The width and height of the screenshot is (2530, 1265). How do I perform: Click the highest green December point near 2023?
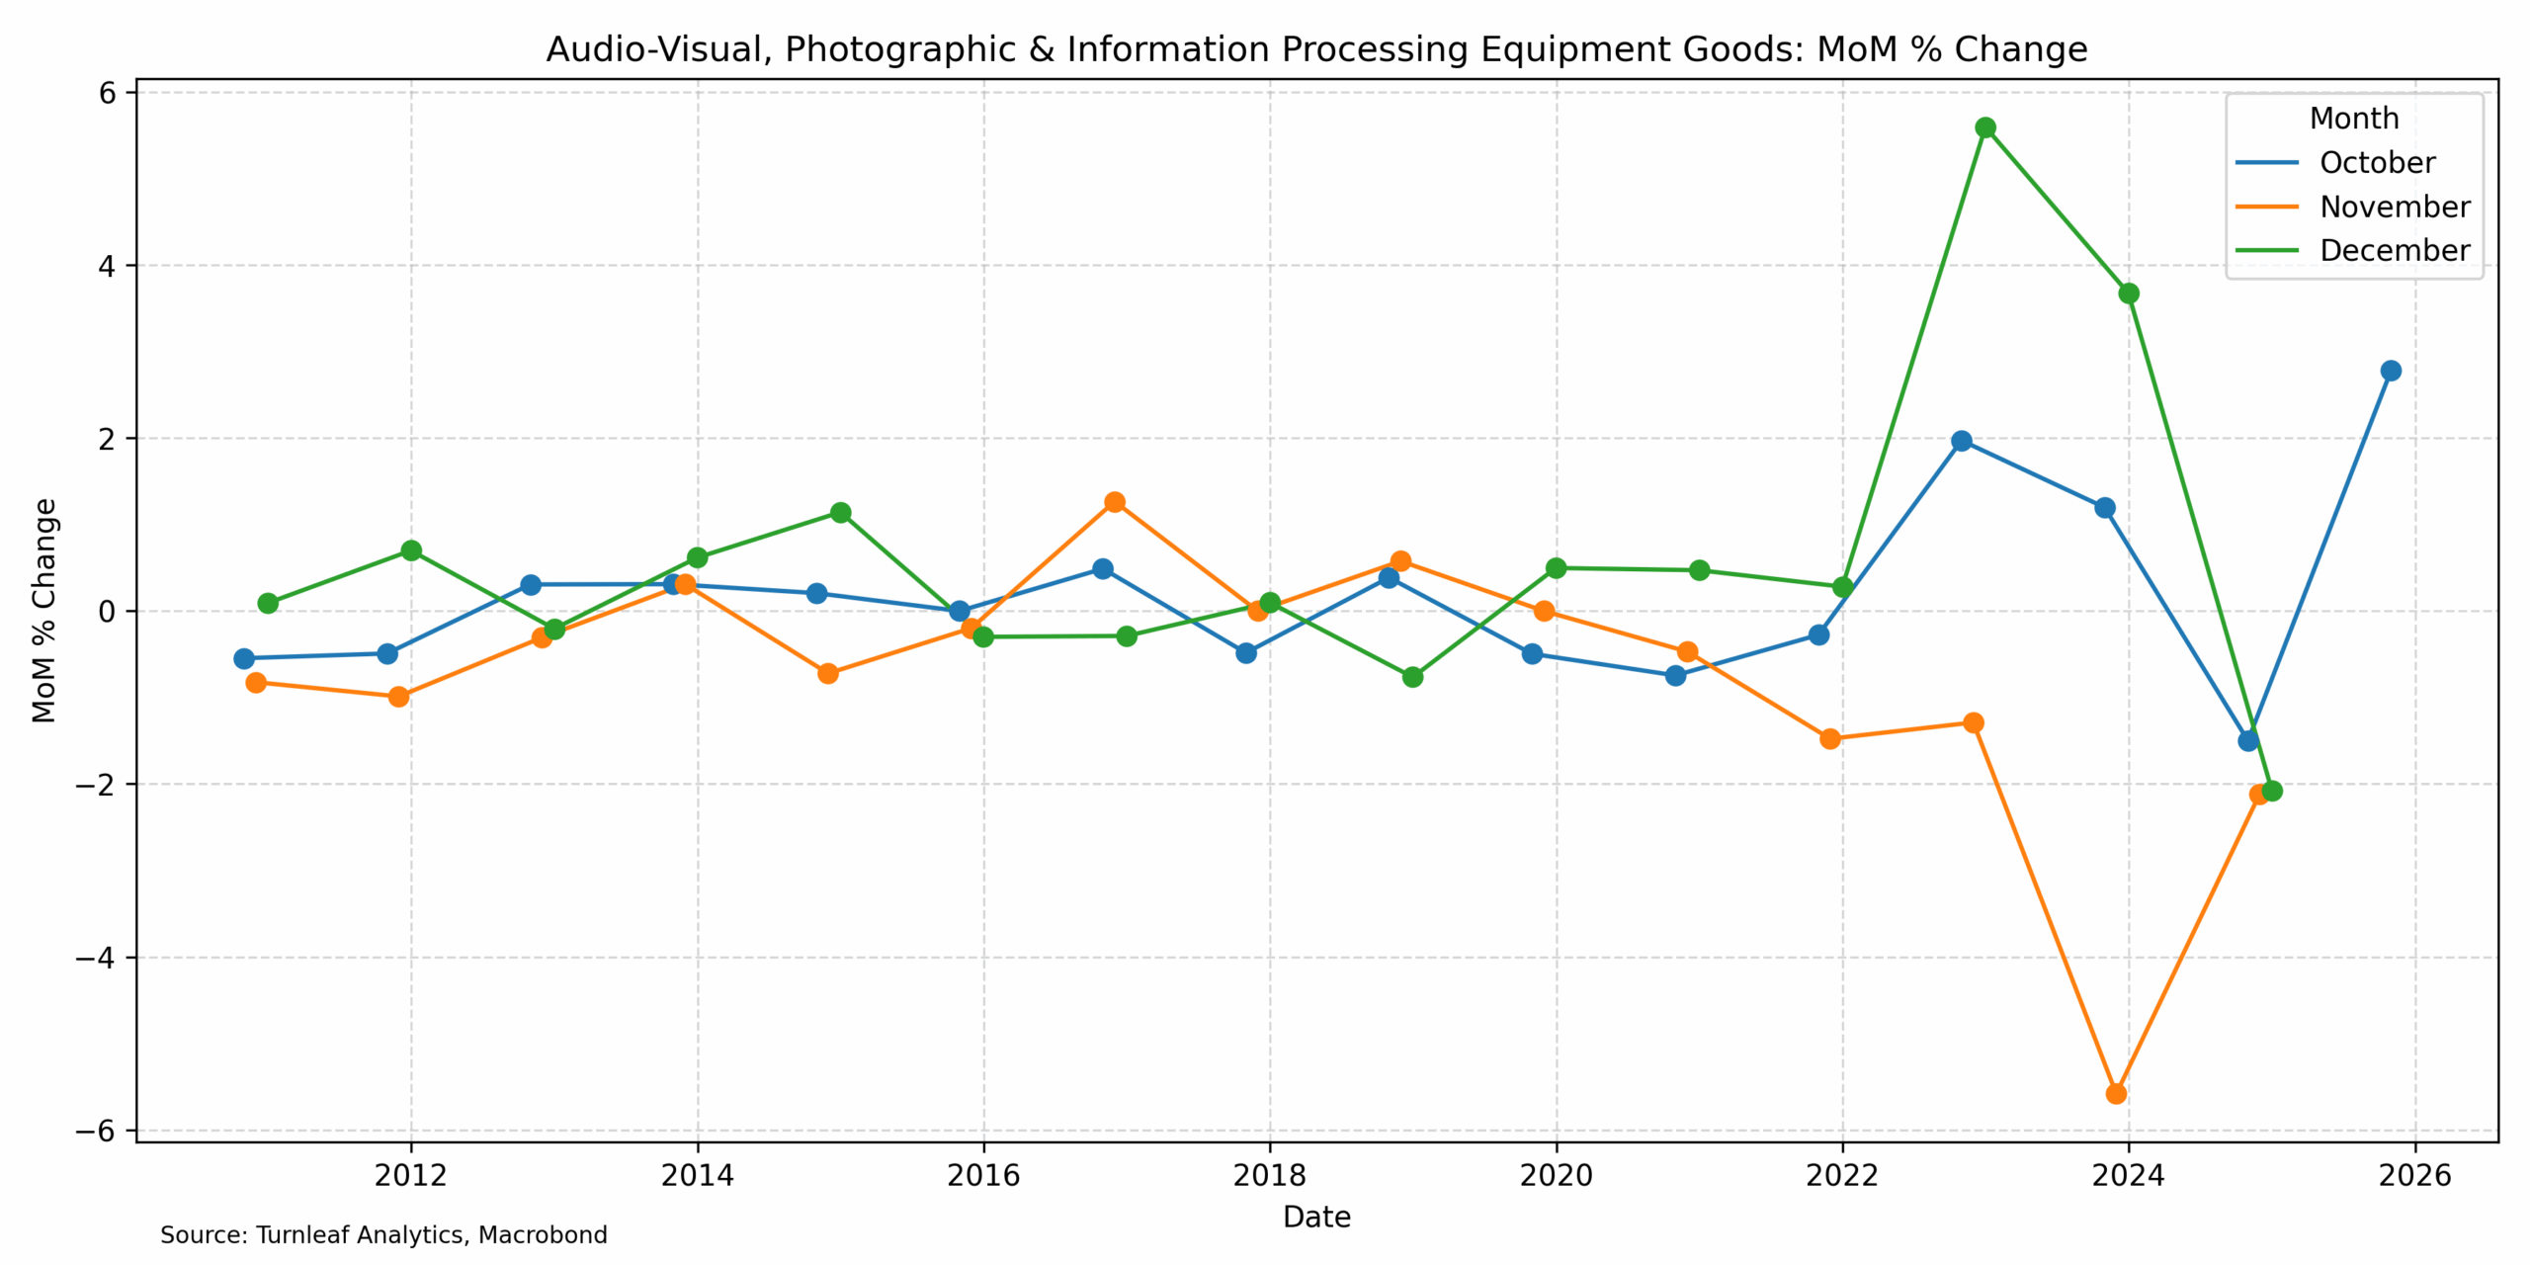click(x=1985, y=127)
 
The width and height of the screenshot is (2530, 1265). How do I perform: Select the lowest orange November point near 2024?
click(x=2116, y=1093)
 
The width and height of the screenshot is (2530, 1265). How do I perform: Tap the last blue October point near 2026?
click(x=2391, y=371)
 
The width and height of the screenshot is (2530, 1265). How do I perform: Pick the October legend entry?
click(x=2377, y=162)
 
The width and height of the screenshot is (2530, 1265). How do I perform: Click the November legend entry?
click(x=2394, y=207)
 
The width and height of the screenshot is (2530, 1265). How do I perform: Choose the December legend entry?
click(x=2394, y=250)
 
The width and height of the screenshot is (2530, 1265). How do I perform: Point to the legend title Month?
click(x=2353, y=119)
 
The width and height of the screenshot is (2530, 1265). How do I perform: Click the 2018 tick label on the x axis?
click(x=1270, y=1175)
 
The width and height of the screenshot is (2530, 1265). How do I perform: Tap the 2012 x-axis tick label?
click(x=410, y=1175)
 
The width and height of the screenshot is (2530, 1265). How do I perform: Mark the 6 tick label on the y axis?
click(x=107, y=93)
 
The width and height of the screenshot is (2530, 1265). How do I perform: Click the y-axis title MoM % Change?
click(x=44, y=611)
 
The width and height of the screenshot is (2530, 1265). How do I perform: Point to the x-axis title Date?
click(x=1316, y=1217)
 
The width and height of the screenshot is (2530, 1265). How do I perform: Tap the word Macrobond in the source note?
click(x=543, y=1235)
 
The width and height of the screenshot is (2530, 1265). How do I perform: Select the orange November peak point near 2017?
click(x=1115, y=502)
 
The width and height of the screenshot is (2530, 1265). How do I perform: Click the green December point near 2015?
click(x=840, y=513)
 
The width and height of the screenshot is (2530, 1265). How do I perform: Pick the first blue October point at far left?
click(x=244, y=658)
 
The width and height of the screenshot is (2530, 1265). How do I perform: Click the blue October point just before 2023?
click(x=1962, y=441)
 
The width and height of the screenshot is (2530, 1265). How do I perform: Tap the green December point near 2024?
click(x=2129, y=294)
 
